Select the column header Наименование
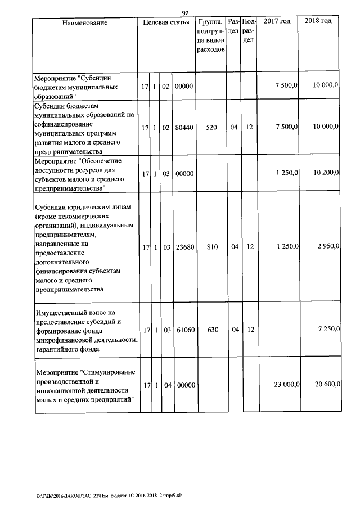click(85, 23)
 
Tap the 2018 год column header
click(318, 21)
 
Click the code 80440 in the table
click(184, 128)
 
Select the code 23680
click(184, 247)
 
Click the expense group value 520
click(211, 128)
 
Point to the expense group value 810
click(211, 247)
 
